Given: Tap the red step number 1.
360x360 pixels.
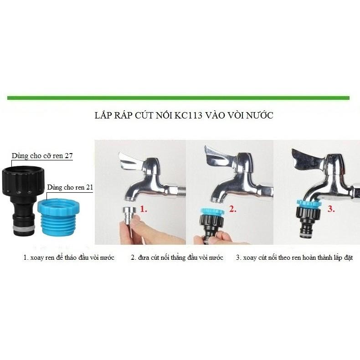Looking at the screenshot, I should [144, 210].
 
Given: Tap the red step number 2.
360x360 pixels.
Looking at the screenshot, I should [233, 210].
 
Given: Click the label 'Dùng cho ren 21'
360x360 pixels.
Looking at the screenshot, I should [70, 187].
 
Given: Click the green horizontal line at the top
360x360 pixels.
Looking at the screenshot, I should [178, 98].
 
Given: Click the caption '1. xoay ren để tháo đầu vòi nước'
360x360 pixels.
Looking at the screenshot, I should [69, 258].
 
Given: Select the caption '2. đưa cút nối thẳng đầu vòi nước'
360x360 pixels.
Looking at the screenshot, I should [177, 258].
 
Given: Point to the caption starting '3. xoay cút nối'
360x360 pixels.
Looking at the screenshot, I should [294, 258].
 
